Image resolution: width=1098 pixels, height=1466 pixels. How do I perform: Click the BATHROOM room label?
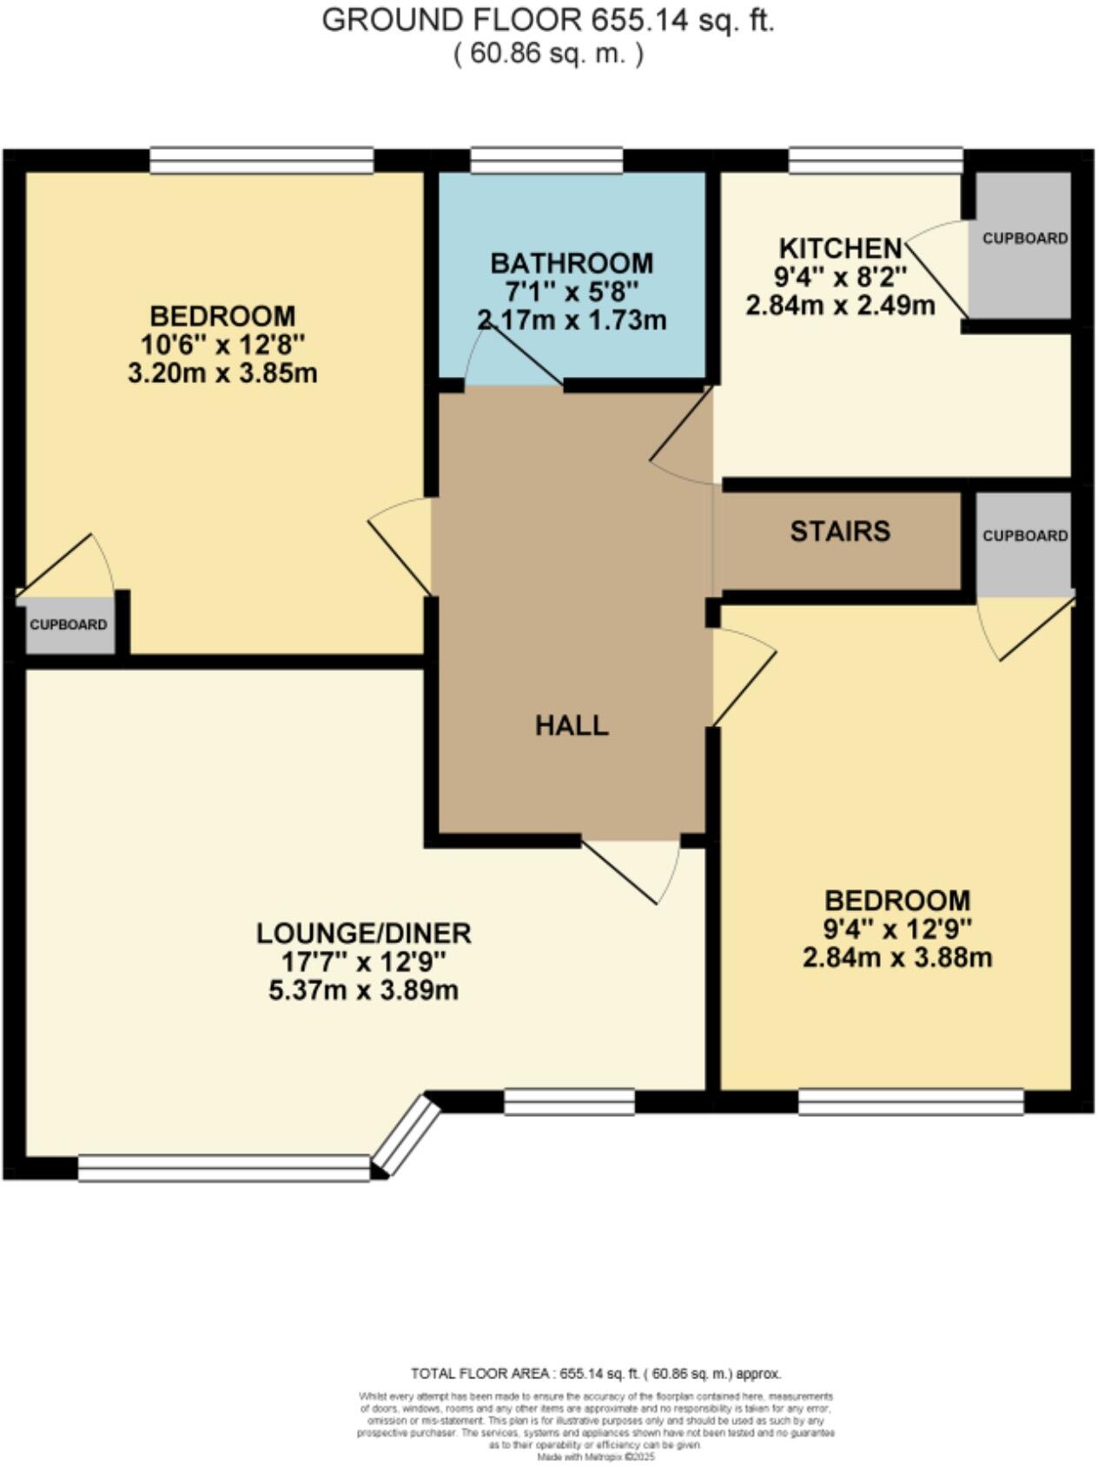pyautogui.click(x=571, y=262)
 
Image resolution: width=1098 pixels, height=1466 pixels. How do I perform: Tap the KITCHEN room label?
pyautogui.click(x=840, y=248)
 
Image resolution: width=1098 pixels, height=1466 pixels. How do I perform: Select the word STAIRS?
pyautogui.click(x=839, y=531)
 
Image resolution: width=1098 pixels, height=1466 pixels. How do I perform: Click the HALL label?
pyautogui.click(x=571, y=725)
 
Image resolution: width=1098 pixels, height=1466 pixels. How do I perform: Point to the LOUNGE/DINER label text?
pyautogui.click(x=363, y=933)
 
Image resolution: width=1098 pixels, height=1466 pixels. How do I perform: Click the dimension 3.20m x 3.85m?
pyautogui.click(x=222, y=373)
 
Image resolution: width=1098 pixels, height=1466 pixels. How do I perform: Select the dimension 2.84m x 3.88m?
pyautogui.click(x=896, y=958)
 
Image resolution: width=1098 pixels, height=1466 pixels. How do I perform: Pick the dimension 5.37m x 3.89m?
pyautogui.click(x=363, y=990)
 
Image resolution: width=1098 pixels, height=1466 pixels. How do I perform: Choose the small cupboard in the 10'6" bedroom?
pyautogui.click(x=68, y=625)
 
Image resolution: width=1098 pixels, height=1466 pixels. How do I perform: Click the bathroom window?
pyautogui.click(x=546, y=161)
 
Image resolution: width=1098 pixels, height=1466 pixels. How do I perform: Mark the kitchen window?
pyautogui.click(x=875, y=161)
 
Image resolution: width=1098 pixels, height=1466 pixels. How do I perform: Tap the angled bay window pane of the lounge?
pyautogui.click(x=407, y=1133)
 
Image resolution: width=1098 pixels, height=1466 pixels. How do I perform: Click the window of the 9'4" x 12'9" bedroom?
pyautogui.click(x=910, y=1102)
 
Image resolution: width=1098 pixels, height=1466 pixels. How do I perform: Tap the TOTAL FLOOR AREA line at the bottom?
pyautogui.click(x=595, y=1373)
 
